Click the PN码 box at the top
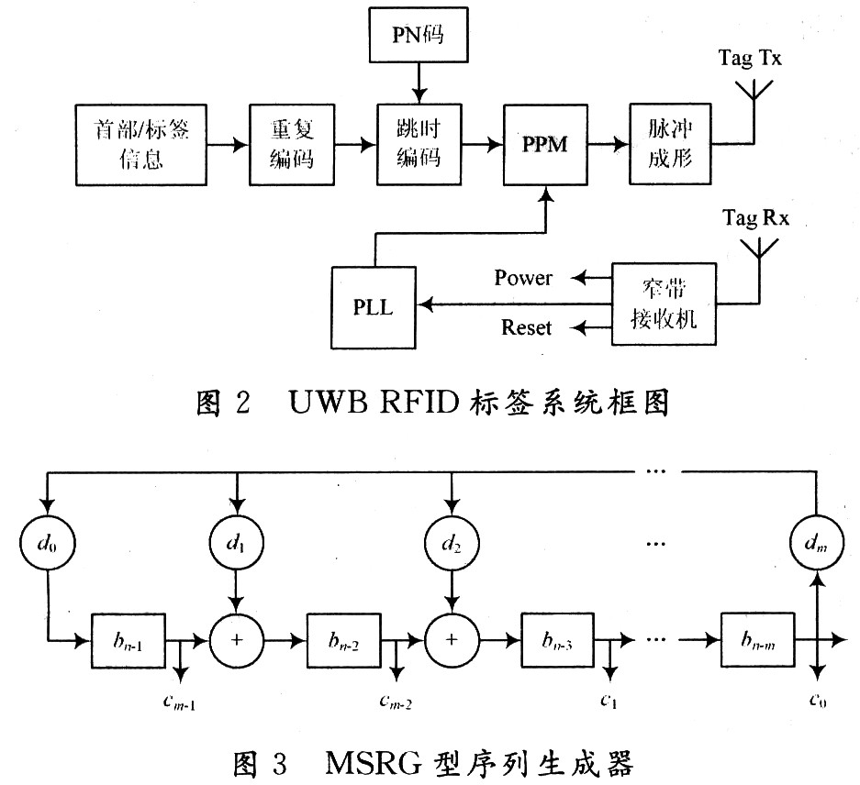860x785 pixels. click(x=419, y=37)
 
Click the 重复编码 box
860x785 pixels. click(x=290, y=143)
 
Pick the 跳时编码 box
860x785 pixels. click(x=418, y=143)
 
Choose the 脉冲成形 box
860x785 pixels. click(x=671, y=143)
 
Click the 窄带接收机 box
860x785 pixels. click(x=664, y=305)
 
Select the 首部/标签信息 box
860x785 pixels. click(x=142, y=143)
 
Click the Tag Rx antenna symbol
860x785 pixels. click(x=759, y=249)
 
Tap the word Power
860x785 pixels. click(x=523, y=277)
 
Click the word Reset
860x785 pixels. click(x=526, y=326)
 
